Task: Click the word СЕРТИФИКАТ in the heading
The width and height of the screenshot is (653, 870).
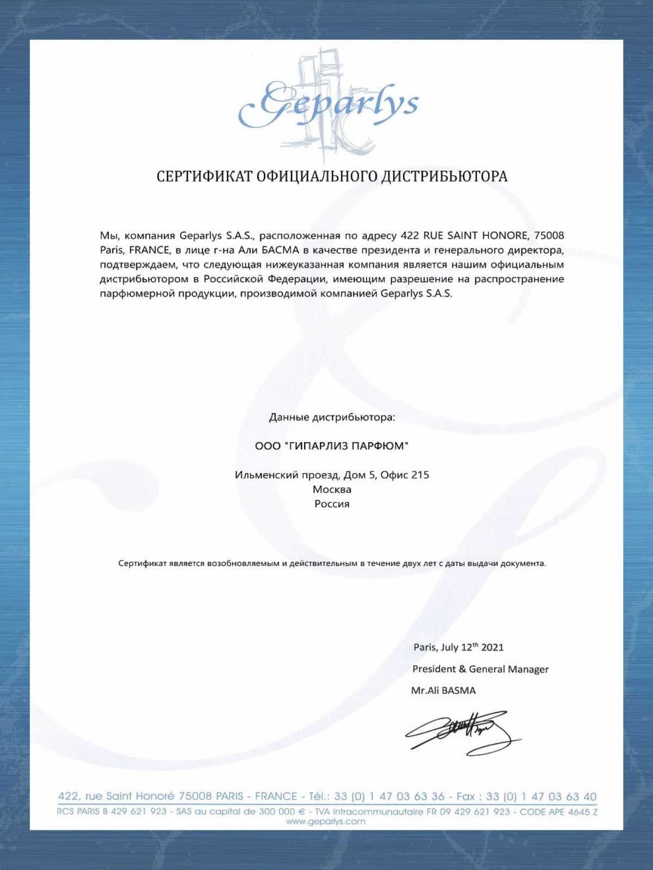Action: (204, 176)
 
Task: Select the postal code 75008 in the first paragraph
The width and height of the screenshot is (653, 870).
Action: (549, 235)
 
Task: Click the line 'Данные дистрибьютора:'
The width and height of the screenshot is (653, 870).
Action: (332, 418)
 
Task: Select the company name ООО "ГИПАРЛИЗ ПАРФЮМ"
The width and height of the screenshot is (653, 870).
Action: (332, 446)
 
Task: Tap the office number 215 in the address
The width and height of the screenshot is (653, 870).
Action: (420, 475)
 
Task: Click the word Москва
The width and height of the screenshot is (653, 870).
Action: (332, 489)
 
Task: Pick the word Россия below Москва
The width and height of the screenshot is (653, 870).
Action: (332, 504)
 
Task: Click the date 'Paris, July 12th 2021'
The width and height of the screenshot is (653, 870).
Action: (458, 647)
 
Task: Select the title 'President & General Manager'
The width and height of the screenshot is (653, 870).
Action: (480, 669)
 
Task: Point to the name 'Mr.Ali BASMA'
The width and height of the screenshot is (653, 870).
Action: (443, 691)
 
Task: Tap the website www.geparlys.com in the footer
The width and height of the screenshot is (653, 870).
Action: (326, 822)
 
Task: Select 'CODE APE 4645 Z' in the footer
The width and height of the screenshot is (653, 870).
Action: (558, 812)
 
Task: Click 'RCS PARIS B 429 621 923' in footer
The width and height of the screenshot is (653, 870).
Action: (112, 812)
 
